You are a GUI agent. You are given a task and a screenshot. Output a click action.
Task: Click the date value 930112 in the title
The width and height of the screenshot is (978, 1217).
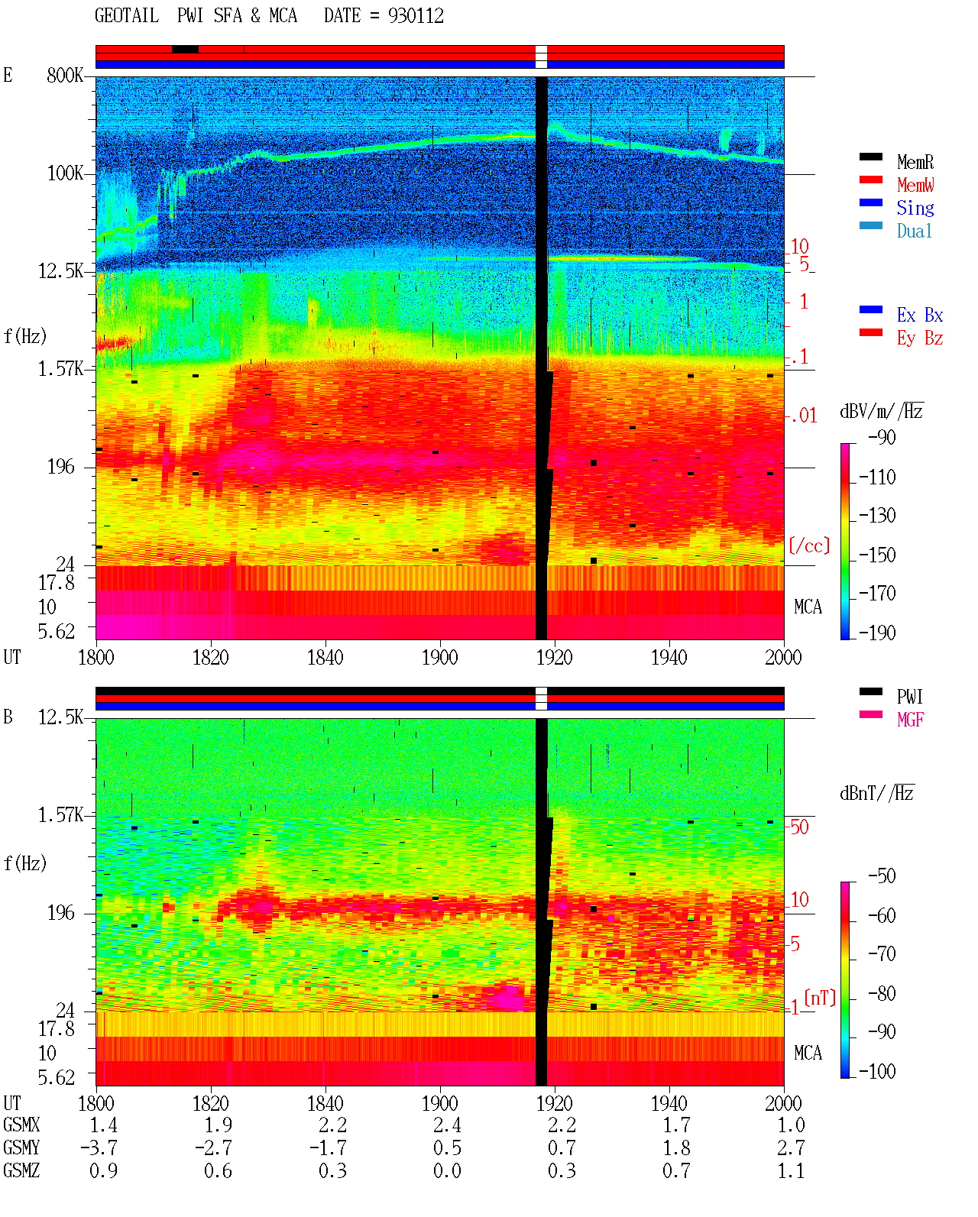415,15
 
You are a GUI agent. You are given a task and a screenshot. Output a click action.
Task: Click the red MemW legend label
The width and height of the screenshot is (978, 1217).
915,185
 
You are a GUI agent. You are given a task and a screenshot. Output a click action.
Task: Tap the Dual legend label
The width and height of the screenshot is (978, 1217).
914,231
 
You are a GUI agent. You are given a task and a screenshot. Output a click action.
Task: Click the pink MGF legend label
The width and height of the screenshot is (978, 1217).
910,720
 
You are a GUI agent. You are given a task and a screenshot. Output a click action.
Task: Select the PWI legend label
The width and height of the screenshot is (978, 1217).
909,696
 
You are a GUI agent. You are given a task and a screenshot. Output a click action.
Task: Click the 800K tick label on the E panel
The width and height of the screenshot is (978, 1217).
65,75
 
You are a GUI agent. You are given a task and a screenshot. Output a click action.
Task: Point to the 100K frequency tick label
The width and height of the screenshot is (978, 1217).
65,173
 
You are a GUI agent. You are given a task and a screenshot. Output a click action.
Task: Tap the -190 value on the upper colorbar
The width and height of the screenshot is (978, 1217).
877,633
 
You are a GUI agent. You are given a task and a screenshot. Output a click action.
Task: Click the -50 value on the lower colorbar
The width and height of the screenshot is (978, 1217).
882,876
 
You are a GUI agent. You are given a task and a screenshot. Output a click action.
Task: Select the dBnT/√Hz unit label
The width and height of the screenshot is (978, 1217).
877,794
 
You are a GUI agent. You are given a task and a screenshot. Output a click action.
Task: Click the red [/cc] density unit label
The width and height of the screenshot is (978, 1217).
809,545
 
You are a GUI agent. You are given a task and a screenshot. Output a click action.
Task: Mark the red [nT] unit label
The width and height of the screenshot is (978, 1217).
820,998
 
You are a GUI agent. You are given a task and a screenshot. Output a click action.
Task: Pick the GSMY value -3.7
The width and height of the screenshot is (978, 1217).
99,1147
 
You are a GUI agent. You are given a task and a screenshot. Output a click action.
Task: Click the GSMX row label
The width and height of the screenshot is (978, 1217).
21,1125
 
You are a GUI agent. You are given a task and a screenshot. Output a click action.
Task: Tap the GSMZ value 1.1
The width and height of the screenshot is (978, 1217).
790,1170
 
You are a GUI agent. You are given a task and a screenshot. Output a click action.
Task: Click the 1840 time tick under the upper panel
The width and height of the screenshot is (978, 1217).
325,657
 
